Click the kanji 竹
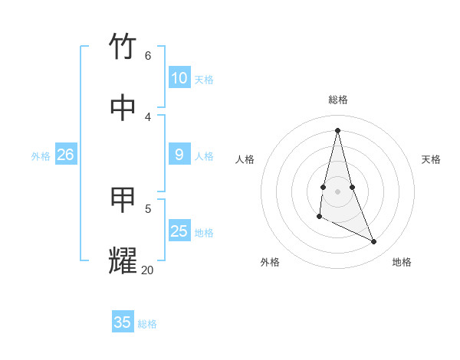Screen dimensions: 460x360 click(123, 47)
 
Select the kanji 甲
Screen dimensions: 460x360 click(123, 200)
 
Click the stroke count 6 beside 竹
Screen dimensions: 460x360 click(148, 55)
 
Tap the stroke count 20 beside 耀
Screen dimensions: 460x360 click(147, 270)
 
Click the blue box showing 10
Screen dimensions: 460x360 click(179, 78)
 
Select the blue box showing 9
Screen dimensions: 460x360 click(179, 155)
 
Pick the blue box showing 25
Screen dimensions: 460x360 click(179, 231)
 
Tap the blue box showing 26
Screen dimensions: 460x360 click(65, 155)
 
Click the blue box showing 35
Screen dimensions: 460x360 click(123, 322)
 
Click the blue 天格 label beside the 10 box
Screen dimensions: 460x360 click(204, 80)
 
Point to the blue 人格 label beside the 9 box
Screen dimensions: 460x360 click(204, 156)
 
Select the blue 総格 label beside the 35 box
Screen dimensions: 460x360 click(147, 324)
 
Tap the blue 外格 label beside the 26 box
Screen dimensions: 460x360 click(41, 156)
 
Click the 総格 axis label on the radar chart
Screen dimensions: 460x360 click(338, 100)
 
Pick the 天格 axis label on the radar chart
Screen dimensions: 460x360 click(431, 159)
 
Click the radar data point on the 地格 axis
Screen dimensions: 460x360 click(374, 241)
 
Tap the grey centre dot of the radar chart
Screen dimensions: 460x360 click(338, 191)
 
